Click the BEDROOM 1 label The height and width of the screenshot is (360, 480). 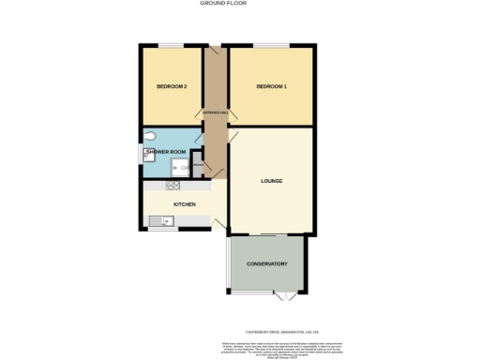pyautogui.click(x=271, y=87)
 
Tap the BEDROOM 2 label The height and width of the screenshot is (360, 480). pyautogui.click(x=172, y=87)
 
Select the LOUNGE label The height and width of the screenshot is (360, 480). pyautogui.click(x=272, y=180)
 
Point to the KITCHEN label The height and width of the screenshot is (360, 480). pyautogui.click(x=184, y=203)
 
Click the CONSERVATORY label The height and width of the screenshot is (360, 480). pyautogui.click(x=267, y=263)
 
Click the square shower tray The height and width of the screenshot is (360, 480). pyautogui.click(x=179, y=167)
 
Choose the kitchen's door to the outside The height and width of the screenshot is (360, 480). pyautogui.click(x=218, y=221)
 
